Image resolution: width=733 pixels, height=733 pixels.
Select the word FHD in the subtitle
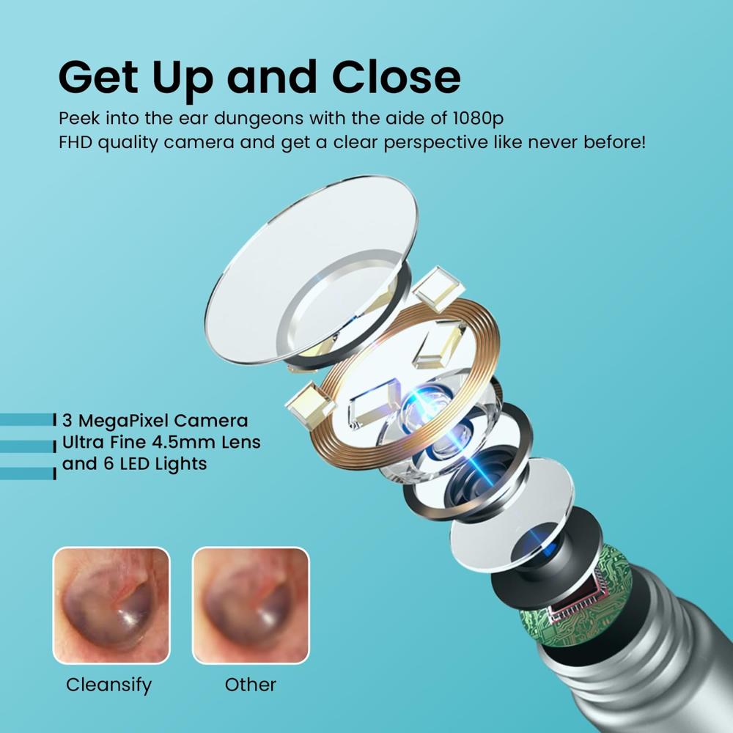75,141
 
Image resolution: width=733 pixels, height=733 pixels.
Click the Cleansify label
109,685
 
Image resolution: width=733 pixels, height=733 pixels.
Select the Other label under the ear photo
251,685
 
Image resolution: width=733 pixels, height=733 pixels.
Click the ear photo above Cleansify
111,605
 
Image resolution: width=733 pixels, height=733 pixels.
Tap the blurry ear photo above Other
251,605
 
